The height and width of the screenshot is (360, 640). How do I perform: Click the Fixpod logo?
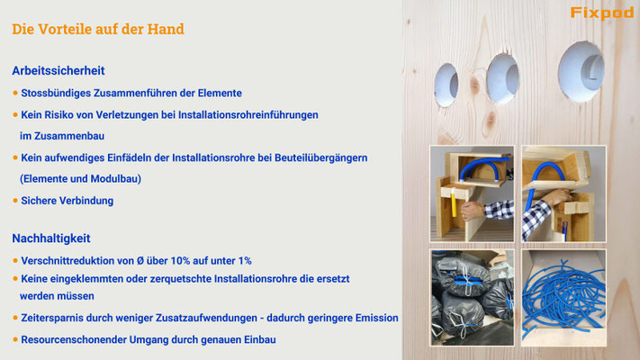(602, 13)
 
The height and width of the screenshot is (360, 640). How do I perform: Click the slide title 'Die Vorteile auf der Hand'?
(98, 29)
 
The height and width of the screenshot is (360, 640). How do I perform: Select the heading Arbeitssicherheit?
(59, 70)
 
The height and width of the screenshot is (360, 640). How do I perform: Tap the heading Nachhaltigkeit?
(51, 238)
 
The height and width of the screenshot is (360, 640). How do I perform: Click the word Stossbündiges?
(56, 94)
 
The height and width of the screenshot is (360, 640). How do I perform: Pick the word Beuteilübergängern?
(320, 158)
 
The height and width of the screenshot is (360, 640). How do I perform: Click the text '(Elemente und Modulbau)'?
(80, 179)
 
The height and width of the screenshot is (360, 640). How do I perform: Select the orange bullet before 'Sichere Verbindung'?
(15, 201)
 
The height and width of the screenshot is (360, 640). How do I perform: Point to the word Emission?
(377, 318)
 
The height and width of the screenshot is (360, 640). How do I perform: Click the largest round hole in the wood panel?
(581, 71)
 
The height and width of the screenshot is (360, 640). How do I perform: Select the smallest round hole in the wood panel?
(446, 85)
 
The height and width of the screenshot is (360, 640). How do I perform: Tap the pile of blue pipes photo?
(563, 298)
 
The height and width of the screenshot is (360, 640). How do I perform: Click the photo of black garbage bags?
(472, 298)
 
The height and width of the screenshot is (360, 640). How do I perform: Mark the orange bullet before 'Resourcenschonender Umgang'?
(15, 339)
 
